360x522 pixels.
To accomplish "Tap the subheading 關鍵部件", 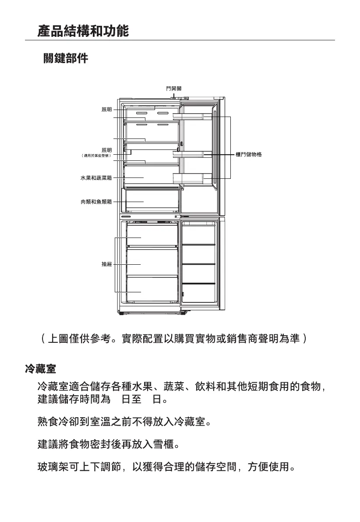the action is coord(65,58).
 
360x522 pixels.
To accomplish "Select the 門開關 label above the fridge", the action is coord(174,89).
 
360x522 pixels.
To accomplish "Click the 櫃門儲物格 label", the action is coord(249,155).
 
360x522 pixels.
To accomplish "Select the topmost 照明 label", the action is coord(107,110).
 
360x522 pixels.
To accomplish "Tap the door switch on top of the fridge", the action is coord(174,97).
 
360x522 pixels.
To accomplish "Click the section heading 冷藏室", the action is coord(40,369).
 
